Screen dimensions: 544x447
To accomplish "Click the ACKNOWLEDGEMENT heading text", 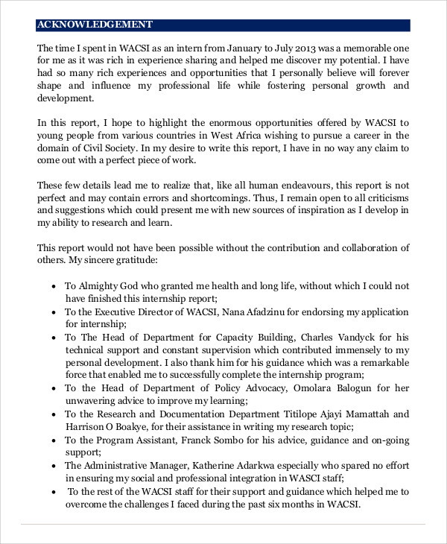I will (95, 25).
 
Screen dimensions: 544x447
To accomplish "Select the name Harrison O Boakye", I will (109, 426).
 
